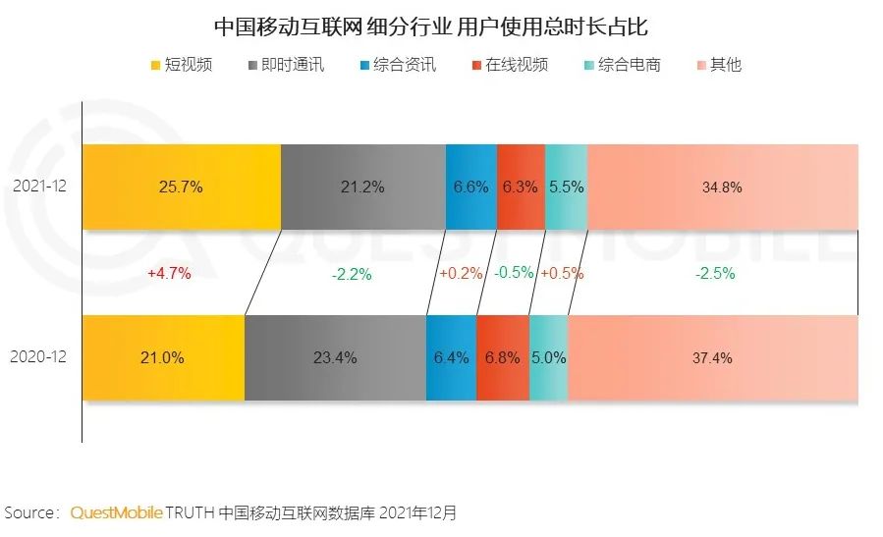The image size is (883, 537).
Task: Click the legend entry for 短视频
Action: click(x=181, y=66)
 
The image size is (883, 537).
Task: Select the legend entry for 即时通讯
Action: click(x=287, y=66)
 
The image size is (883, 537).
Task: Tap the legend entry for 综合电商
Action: click(x=621, y=66)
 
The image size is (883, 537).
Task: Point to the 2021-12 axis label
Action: click(x=40, y=187)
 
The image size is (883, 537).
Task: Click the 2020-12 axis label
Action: click(x=40, y=358)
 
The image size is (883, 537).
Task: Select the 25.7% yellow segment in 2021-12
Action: click(x=181, y=187)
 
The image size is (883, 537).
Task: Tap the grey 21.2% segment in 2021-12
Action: click(x=363, y=187)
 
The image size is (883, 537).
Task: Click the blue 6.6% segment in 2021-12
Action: click(x=471, y=187)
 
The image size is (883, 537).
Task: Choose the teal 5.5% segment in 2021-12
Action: click(x=566, y=187)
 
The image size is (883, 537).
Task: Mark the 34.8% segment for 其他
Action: click(x=722, y=187)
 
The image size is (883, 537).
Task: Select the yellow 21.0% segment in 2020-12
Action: click(x=163, y=358)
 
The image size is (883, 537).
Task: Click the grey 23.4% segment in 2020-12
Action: click(x=335, y=358)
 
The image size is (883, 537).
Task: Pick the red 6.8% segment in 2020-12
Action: click(x=503, y=358)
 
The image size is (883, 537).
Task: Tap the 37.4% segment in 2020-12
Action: click(x=712, y=358)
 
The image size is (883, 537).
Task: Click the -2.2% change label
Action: click(x=351, y=275)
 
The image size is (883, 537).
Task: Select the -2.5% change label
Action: click(x=714, y=275)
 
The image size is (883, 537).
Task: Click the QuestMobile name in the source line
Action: click(x=116, y=512)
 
